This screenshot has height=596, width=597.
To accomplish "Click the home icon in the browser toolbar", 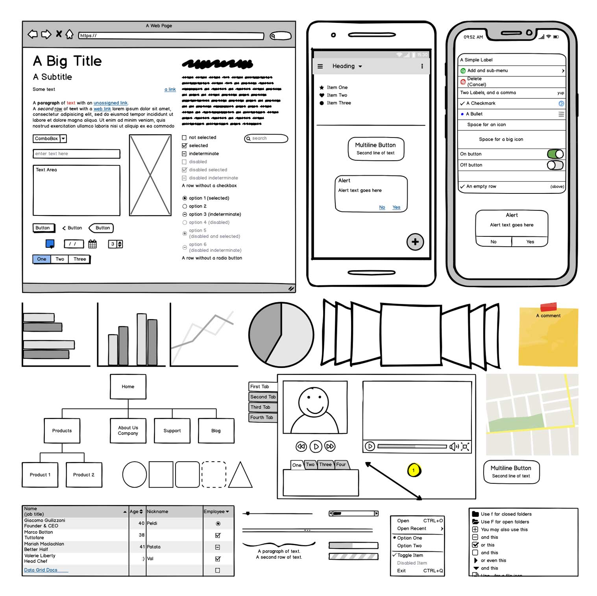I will [x=69, y=35].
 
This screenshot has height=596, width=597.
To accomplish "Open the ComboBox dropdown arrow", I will [x=63, y=139].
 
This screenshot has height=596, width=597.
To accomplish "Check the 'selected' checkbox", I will [x=184, y=146].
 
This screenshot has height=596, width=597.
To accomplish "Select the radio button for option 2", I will [x=185, y=206].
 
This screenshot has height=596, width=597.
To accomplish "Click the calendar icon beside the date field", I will [x=92, y=244].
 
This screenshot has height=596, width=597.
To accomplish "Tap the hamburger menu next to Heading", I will [x=320, y=67].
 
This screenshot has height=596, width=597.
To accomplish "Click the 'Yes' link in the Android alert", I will [x=396, y=208].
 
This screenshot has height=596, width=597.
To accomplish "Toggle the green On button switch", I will [x=555, y=154].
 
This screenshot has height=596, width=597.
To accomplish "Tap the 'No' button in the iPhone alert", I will [x=493, y=242].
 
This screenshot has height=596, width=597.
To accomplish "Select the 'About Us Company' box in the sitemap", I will [x=128, y=431].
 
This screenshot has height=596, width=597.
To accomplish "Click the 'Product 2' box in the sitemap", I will [x=84, y=475].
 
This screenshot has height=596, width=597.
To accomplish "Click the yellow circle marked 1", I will [x=414, y=470].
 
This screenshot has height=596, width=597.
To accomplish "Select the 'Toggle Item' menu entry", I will [x=410, y=555].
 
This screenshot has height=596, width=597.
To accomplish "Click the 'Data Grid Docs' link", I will [x=41, y=570].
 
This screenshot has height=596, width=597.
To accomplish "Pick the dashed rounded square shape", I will [x=214, y=474].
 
